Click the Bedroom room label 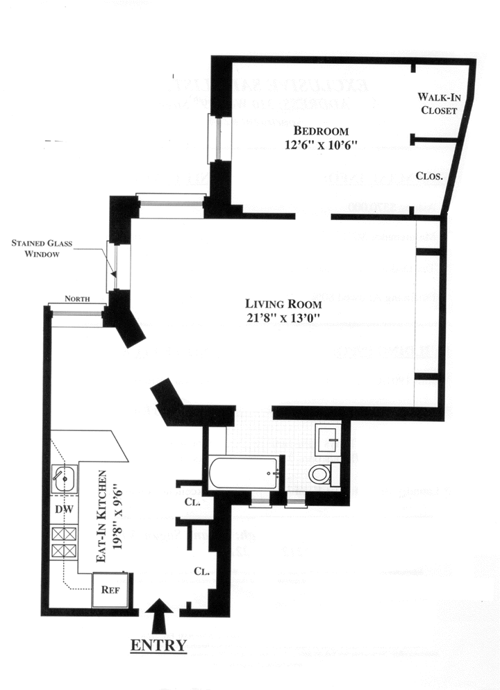tap(320, 131)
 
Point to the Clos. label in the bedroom tap(430, 176)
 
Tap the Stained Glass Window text tap(42, 249)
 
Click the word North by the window tap(76, 299)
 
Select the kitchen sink tap(64, 478)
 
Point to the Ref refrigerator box tap(109, 591)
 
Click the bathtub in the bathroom tap(244, 473)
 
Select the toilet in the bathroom tap(319, 475)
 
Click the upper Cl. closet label tap(192, 501)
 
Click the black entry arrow tap(158, 613)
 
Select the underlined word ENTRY tap(158, 645)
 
